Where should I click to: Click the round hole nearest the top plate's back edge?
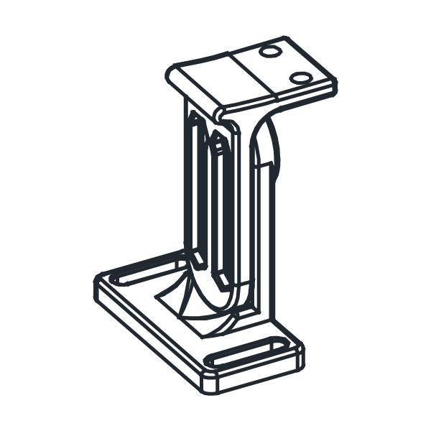coord(271,51)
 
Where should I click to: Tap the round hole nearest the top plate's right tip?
coord(301,77)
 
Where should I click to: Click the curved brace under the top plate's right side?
coord(267,144)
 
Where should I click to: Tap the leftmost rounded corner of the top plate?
coord(170,72)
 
